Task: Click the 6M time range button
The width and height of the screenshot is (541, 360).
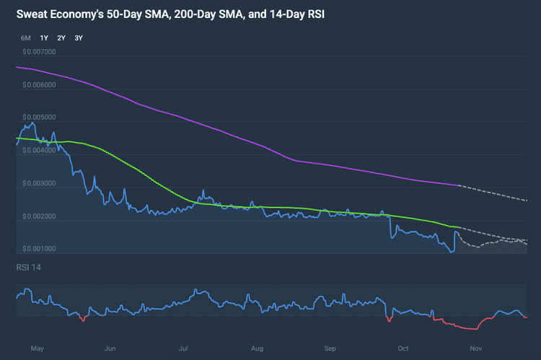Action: [26, 38]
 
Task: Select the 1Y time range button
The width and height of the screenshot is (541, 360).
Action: [44, 38]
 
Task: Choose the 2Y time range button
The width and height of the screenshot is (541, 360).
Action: [61, 38]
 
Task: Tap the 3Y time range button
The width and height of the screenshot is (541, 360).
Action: [79, 38]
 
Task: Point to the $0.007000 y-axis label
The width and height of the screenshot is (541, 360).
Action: [39, 52]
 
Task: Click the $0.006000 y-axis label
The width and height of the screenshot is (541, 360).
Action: [39, 85]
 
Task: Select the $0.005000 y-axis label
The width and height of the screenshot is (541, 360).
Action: [39, 118]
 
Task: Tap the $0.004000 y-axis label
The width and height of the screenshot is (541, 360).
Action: [39, 151]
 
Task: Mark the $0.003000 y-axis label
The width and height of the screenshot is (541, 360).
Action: [39, 183]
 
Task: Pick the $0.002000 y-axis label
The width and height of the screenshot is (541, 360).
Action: [39, 216]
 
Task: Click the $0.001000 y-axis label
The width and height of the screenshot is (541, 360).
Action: [39, 249]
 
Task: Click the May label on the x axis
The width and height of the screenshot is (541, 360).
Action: [38, 348]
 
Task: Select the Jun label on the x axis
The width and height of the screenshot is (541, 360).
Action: [110, 348]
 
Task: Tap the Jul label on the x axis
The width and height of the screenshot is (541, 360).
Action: [184, 348]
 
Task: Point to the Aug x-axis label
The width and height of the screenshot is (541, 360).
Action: [257, 348]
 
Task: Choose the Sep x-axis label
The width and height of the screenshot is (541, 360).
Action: [330, 348]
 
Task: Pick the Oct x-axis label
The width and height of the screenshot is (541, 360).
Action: [403, 348]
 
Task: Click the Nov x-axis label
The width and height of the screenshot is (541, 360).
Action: [477, 348]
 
